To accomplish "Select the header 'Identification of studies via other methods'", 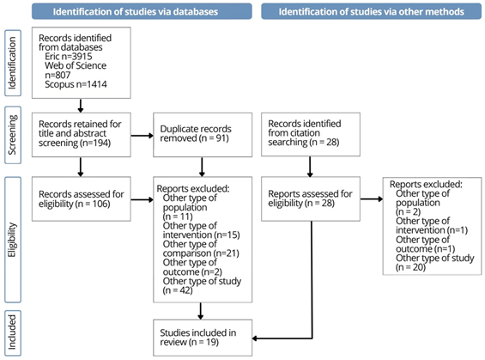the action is click(x=371, y=11).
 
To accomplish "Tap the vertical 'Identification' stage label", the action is click(x=13, y=63).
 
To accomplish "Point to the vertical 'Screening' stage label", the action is click(x=13, y=135).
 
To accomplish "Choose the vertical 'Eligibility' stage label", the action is click(x=13, y=240).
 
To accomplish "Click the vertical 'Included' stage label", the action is click(x=13, y=333).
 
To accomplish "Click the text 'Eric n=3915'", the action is click(x=69, y=57).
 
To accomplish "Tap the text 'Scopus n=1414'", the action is click(x=76, y=84).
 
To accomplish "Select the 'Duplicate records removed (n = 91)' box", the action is click(x=203, y=135).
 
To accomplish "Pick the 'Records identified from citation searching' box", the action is click(x=311, y=134).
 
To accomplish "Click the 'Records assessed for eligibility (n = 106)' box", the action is click(x=82, y=198).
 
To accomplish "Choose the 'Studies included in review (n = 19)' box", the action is click(x=203, y=338).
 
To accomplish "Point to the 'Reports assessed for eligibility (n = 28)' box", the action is click(x=311, y=198).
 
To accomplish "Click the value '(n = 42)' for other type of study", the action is click(x=178, y=290).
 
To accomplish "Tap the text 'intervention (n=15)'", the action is click(x=202, y=235).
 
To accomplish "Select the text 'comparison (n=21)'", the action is click(x=201, y=253).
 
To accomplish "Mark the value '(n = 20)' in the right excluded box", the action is click(x=411, y=267).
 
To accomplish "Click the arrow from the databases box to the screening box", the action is click(x=81, y=106).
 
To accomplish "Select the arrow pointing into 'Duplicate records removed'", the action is click(x=142, y=136).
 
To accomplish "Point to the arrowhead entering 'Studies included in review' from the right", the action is click(x=255, y=339).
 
